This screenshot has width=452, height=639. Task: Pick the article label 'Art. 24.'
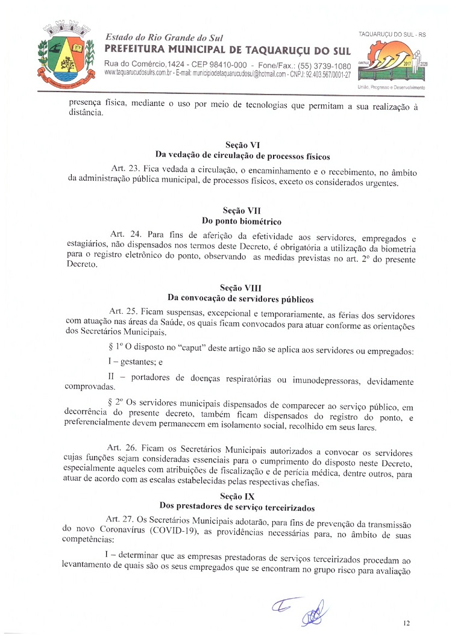(125, 234)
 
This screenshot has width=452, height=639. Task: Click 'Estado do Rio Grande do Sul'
(159, 37)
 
